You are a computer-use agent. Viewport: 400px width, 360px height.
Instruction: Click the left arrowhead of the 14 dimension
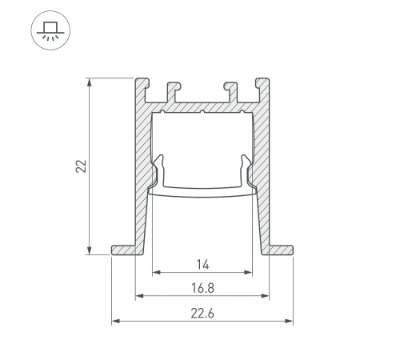point(154,271)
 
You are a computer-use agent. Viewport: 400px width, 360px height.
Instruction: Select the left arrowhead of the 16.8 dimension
point(137,296)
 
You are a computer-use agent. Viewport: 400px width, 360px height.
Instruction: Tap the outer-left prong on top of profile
point(141,86)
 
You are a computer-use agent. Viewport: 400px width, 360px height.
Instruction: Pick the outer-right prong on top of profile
point(261,86)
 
